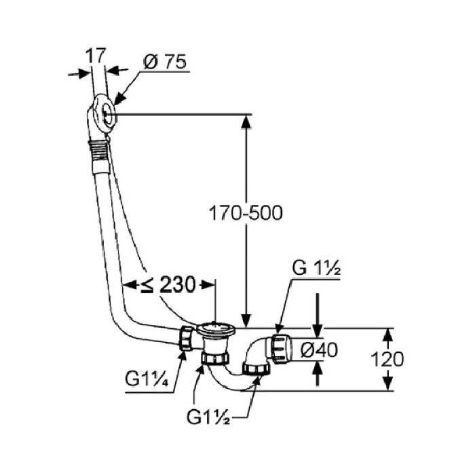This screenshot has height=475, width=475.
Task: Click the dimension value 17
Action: tap(94, 54)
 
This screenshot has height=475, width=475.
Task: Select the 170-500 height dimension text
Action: tap(246, 212)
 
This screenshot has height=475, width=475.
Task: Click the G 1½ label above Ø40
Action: tap(316, 268)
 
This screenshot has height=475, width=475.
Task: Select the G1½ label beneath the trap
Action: tap(208, 415)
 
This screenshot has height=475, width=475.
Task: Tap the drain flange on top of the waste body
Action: tap(215, 330)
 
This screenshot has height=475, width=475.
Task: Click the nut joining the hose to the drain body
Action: tap(186, 338)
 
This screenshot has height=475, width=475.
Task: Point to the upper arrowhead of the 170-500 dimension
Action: tap(245, 121)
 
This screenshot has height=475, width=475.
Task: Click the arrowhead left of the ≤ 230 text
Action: tap(128, 284)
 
